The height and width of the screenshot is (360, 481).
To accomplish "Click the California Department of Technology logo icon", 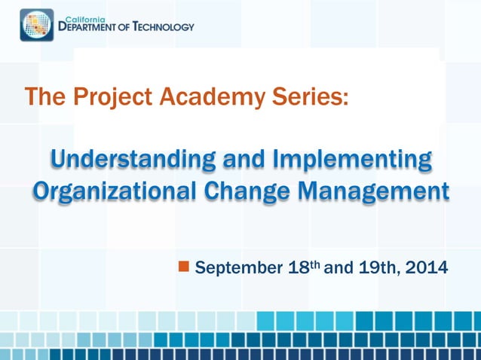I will (x=37, y=25).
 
